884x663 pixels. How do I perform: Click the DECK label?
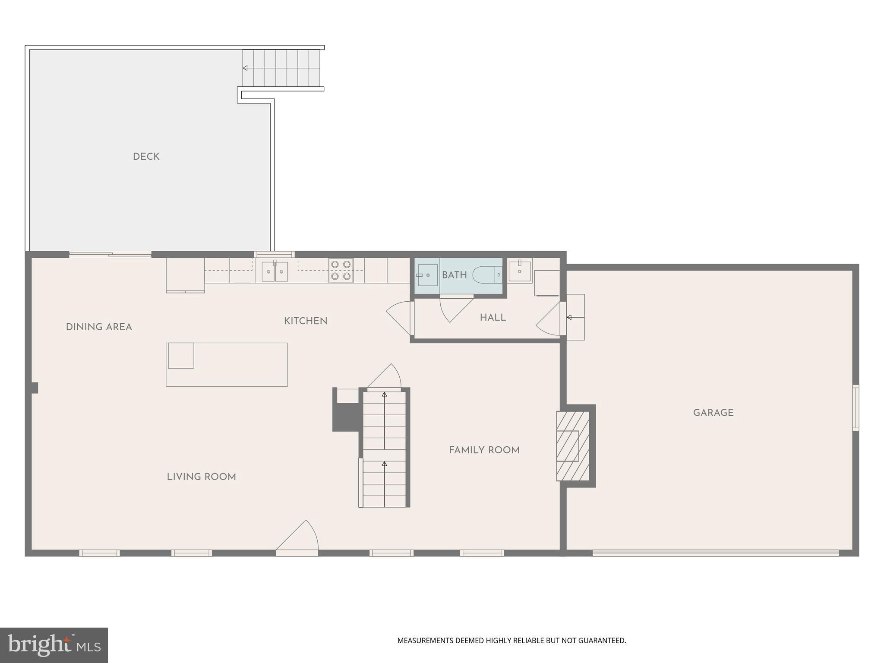point(146,157)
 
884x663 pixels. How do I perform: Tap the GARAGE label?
point(713,413)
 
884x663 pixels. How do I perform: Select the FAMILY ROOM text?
point(484,450)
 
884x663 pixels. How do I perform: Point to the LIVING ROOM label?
point(201,477)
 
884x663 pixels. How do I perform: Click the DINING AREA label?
point(99,327)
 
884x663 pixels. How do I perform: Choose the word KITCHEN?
point(306,321)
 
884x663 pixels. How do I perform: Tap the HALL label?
point(493,318)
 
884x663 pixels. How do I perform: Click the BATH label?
point(454,275)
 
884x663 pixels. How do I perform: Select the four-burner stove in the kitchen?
point(341,270)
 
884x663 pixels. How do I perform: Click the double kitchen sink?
point(275,272)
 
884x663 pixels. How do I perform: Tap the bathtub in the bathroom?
point(487,275)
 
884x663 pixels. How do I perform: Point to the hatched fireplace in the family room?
point(572,445)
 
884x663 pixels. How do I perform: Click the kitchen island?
point(227,364)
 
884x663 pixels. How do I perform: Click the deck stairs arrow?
point(245,68)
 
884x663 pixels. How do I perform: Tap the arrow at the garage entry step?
point(570,317)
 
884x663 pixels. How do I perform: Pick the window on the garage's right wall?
point(855,407)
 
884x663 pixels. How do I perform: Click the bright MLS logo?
point(54,645)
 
